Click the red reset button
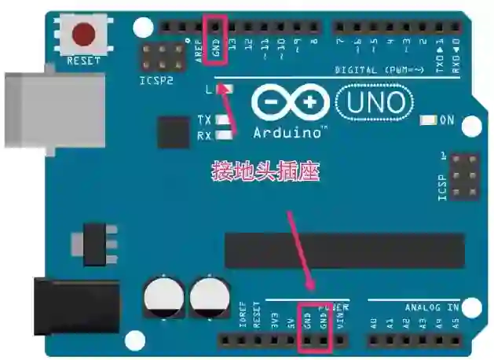[x=84, y=34]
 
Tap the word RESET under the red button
[x=84, y=60]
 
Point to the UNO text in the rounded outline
[x=374, y=102]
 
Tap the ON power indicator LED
[x=428, y=120]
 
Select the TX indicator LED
[x=224, y=120]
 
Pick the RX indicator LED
[x=224, y=135]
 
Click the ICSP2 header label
[x=156, y=79]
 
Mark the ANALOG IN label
[x=431, y=307]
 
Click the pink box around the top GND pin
[x=216, y=39]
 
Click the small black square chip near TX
[x=174, y=131]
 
